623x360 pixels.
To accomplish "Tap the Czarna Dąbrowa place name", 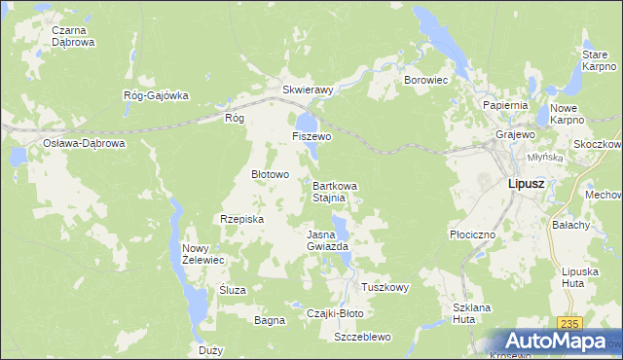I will point(73,36).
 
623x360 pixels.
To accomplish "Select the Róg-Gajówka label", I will point(155,95).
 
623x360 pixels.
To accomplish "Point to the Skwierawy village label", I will point(308,89).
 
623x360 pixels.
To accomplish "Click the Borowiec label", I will point(424,80).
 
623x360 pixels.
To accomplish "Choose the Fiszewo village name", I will point(311,137).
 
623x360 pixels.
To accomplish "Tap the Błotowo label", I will point(271,174).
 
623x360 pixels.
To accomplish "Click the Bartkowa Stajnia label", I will point(335,191).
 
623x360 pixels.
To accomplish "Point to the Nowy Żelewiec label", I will point(203,254).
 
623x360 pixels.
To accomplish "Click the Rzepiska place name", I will point(242,219).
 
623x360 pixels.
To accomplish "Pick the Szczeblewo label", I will point(362,337).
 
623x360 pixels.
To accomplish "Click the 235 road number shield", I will point(570,323).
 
